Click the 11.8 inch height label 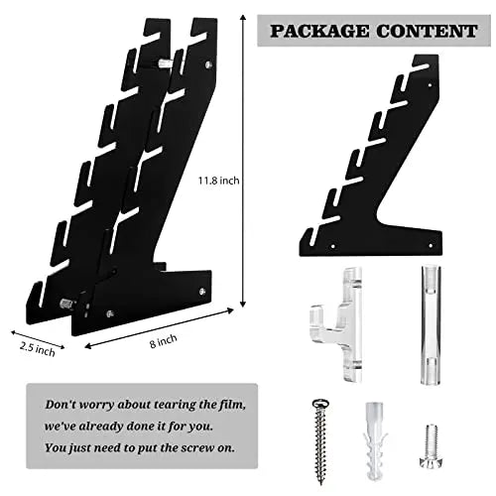tap(218, 181)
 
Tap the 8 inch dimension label tap(164, 341)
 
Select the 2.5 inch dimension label tap(38, 349)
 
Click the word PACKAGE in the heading tap(319, 31)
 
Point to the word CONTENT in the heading tap(427, 31)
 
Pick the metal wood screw tap(319, 441)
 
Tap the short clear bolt tap(430, 445)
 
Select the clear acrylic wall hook tap(336, 325)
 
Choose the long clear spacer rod tap(432, 325)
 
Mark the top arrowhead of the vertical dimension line tap(243, 17)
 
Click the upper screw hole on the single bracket tap(430, 85)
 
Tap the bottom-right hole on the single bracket tap(431, 246)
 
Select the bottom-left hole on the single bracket tap(333, 246)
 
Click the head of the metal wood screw tap(320, 403)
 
